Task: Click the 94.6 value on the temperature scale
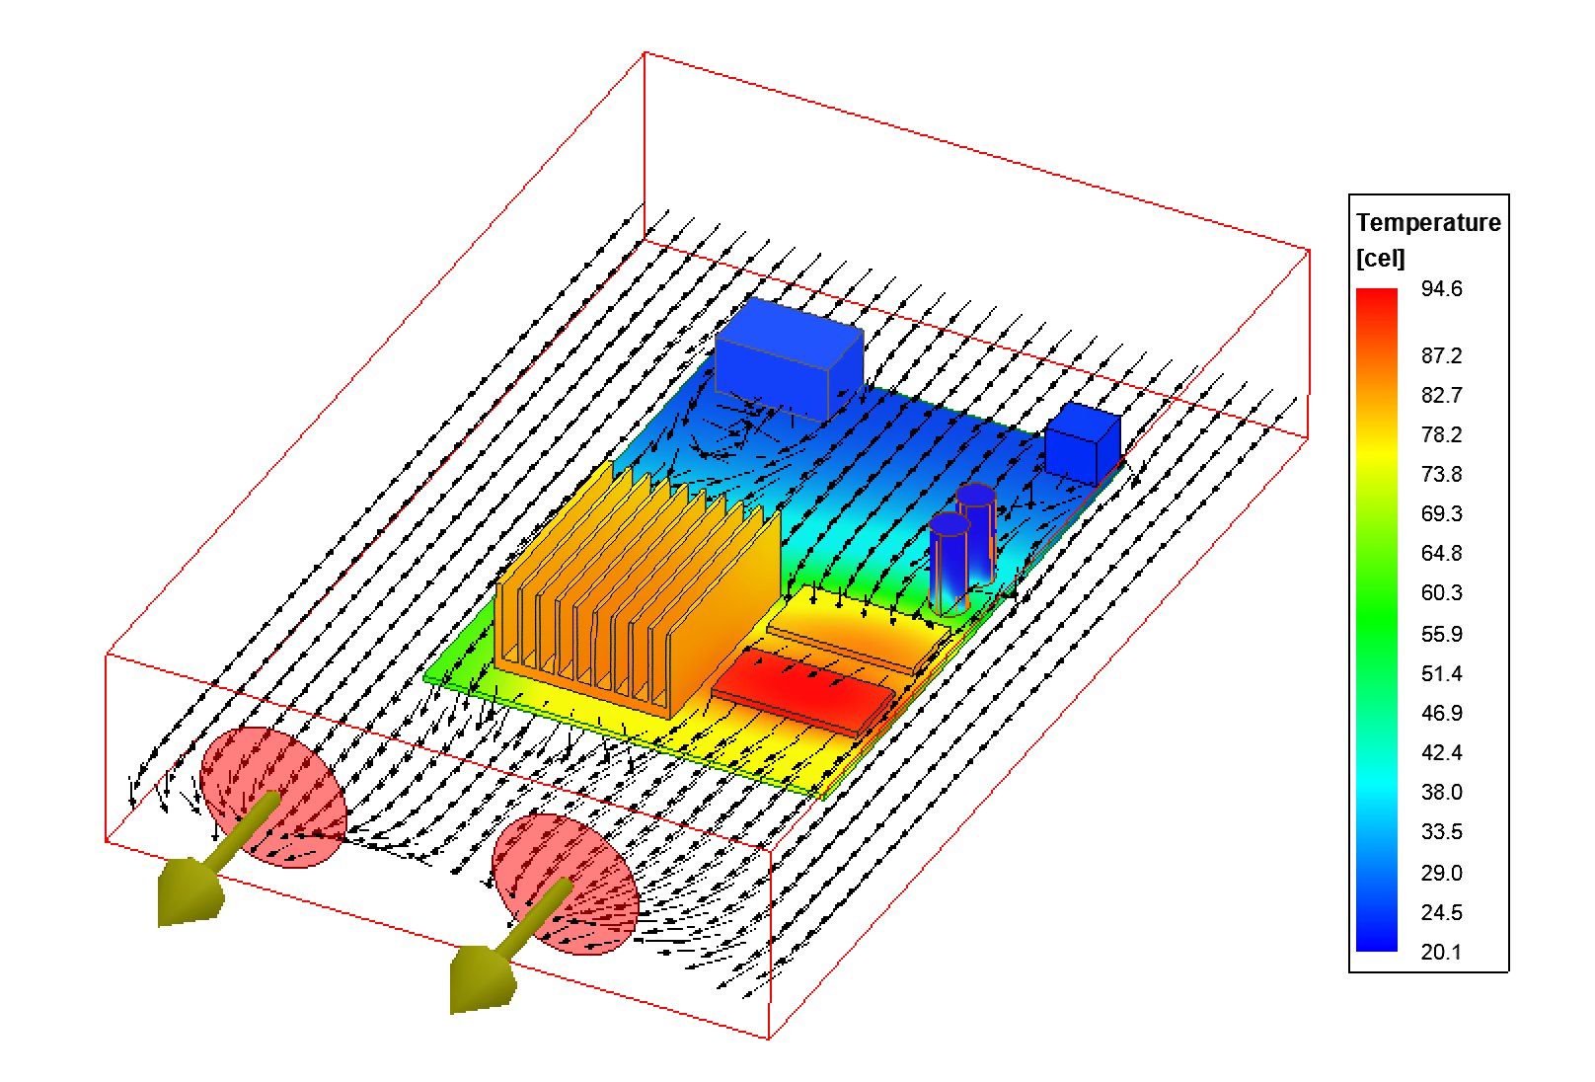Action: click(x=1441, y=289)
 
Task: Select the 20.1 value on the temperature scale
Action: click(x=1441, y=952)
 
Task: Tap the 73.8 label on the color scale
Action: click(x=1441, y=474)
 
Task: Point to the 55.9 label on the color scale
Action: click(x=1441, y=634)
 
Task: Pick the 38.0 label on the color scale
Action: click(x=1441, y=792)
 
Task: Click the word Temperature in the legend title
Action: click(x=1428, y=223)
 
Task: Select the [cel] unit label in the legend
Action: click(x=1381, y=258)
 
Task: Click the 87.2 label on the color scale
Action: click(x=1441, y=355)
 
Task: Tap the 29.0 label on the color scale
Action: click(x=1441, y=873)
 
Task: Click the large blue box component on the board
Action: click(x=789, y=359)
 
